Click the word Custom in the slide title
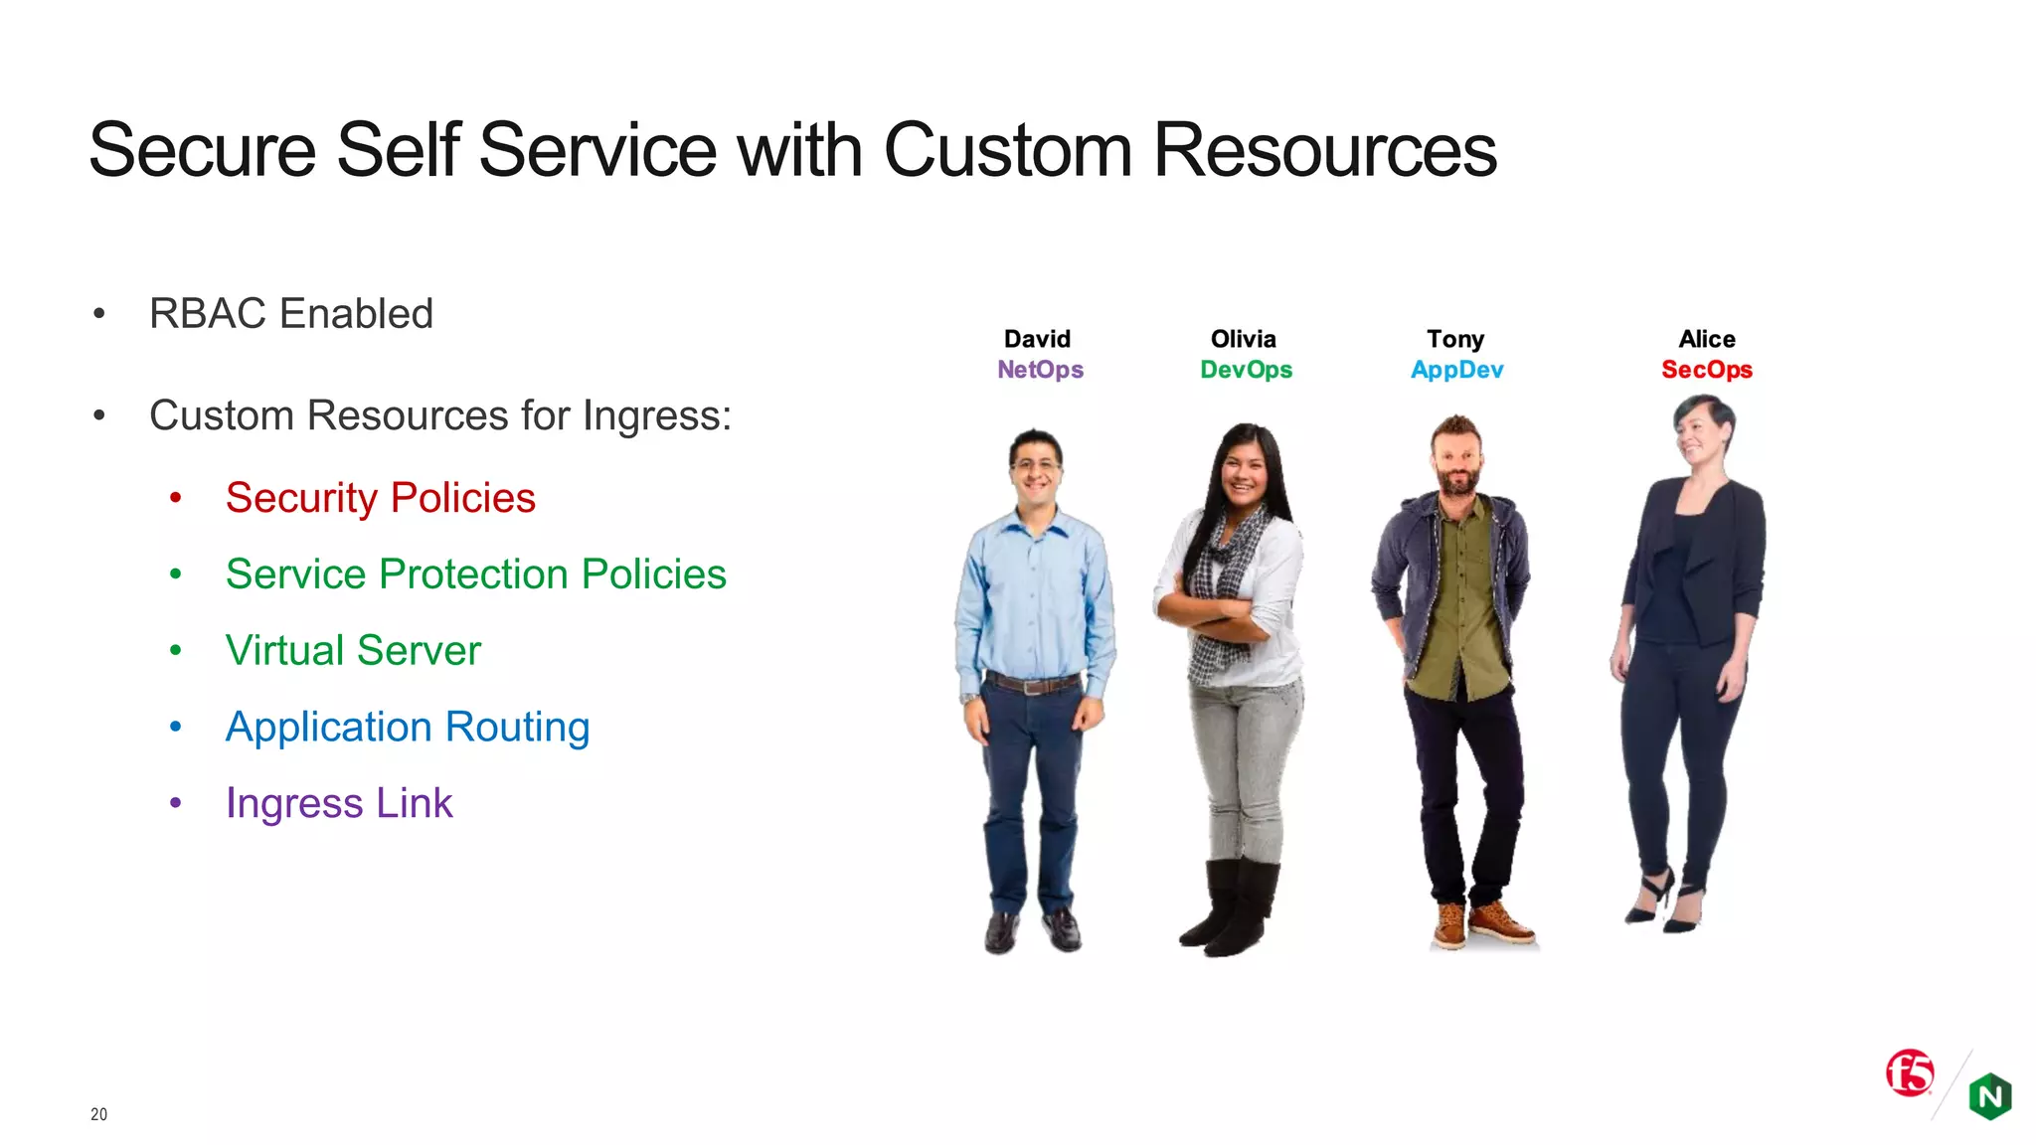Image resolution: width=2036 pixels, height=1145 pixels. (1006, 151)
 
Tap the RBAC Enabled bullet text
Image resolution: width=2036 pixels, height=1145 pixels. (290, 314)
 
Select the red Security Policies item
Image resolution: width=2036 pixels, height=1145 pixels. (380, 498)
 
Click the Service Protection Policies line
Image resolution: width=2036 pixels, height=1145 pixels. (475, 574)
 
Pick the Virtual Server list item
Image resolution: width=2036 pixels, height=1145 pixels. (353, 651)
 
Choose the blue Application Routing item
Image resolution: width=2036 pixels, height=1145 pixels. (408, 728)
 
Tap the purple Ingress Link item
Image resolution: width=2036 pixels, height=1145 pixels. (339, 803)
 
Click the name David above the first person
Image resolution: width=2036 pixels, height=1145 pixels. (1037, 339)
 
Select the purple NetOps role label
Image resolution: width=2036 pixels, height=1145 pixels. (1040, 370)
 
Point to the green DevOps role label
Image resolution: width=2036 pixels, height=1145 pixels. (1246, 370)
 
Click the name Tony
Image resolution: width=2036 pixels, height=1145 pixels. (1455, 339)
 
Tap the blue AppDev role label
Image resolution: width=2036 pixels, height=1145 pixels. (1456, 370)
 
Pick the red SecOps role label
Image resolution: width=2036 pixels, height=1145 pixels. (1707, 370)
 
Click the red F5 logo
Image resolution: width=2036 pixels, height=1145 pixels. (1910, 1072)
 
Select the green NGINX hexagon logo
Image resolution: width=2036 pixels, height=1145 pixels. (1990, 1096)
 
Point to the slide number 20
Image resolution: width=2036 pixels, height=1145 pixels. (98, 1114)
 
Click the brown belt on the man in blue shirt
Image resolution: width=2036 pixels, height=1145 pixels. (1033, 683)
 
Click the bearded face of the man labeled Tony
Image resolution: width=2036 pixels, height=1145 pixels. (1456, 462)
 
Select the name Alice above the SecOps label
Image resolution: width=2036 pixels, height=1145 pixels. (1707, 339)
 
